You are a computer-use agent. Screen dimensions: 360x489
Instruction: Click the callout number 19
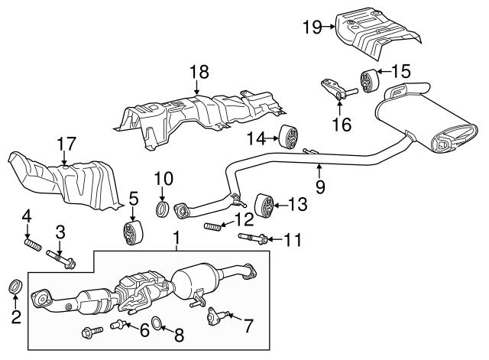tap(311, 28)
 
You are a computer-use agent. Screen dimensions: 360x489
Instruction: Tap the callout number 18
tap(199, 73)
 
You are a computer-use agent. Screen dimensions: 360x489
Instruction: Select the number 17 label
tap(66, 143)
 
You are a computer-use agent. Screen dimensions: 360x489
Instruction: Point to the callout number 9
tap(320, 186)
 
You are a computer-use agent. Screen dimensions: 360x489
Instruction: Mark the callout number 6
tap(144, 329)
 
